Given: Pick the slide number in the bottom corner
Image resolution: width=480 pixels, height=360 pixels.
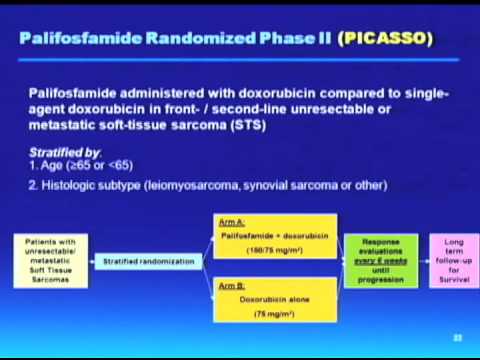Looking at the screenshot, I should pos(458,338).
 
